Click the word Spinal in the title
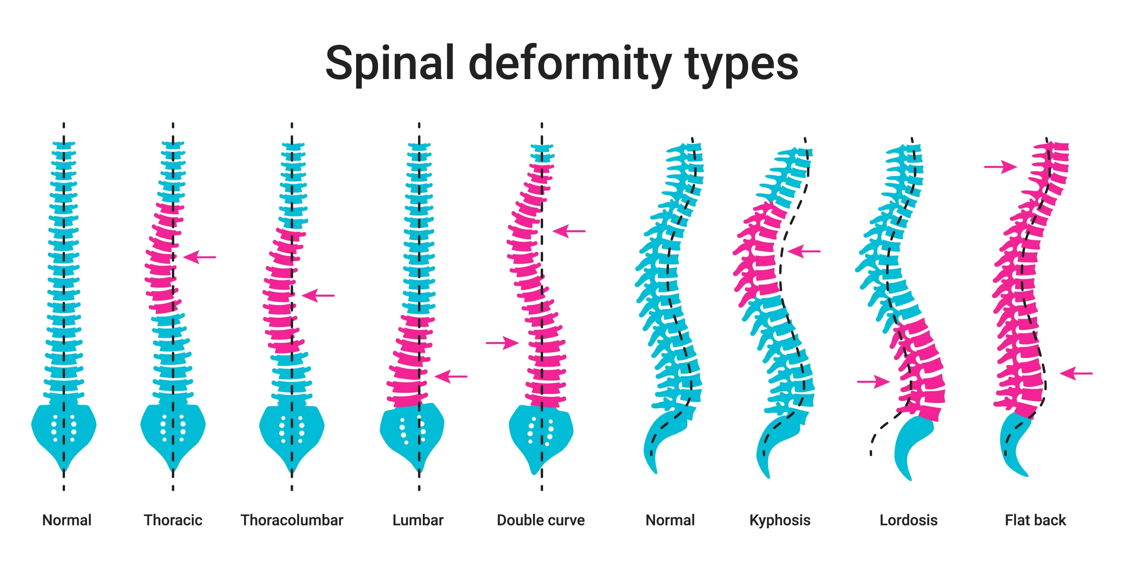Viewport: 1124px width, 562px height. pyautogui.click(x=390, y=64)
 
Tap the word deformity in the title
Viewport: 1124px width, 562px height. pyautogui.click(x=569, y=64)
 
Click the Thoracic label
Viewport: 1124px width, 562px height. pyautogui.click(x=173, y=520)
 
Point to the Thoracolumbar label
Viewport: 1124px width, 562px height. pyautogui.click(x=292, y=520)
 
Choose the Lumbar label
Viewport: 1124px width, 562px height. pyautogui.click(x=418, y=520)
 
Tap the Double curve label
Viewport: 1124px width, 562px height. pyautogui.click(x=541, y=520)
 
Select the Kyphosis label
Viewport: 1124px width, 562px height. pyautogui.click(x=780, y=520)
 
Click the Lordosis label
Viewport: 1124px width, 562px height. pyautogui.click(x=908, y=520)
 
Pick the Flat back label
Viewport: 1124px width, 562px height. pyautogui.click(x=1035, y=520)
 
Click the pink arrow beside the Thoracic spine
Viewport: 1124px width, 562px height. pyautogui.click(x=199, y=257)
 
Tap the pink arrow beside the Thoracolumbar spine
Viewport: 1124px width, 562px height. pyautogui.click(x=318, y=295)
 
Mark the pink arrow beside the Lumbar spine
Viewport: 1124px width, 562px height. pyautogui.click(x=451, y=376)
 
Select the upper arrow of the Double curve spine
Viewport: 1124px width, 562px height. pyautogui.click(x=569, y=231)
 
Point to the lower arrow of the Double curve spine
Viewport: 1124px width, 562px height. pyautogui.click(x=502, y=342)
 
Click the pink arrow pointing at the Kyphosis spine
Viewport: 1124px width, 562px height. pyautogui.click(x=804, y=252)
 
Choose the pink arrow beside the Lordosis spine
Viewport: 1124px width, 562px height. pyautogui.click(x=873, y=382)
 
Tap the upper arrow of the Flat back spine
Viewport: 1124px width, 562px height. pyautogui.click(x=1001, y=167)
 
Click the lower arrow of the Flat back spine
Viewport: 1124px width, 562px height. pyautogui.click(x=1076, y=374)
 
